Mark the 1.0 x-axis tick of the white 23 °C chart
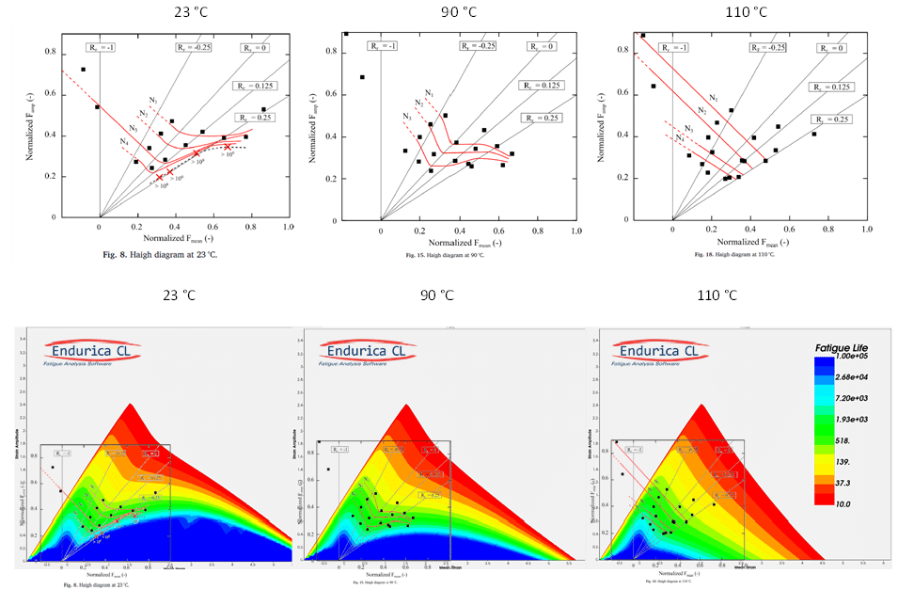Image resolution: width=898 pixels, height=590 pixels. point(288,228)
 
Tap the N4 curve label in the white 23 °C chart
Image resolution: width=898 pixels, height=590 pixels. point(125,142)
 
